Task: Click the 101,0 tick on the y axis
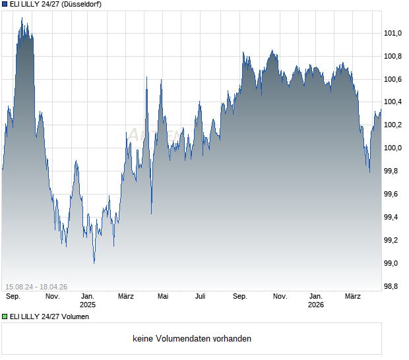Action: (393, 33)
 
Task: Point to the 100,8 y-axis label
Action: (393, 56)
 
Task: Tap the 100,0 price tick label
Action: (393, 148)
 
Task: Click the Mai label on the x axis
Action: (163, 297)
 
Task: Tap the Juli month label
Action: (201, 297)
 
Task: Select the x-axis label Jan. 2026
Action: (316, 301)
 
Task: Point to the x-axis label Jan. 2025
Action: (88, 301)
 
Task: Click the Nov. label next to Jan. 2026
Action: (280, 297)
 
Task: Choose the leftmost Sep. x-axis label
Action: (13, 297)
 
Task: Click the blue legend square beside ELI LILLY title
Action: (5, 4)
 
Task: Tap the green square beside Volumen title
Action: (5, 316)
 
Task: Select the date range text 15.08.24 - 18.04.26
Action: (36, 286)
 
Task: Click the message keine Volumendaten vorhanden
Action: (192, 339)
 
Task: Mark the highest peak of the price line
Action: (22, 18)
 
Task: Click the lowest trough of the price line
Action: (94, 263)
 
